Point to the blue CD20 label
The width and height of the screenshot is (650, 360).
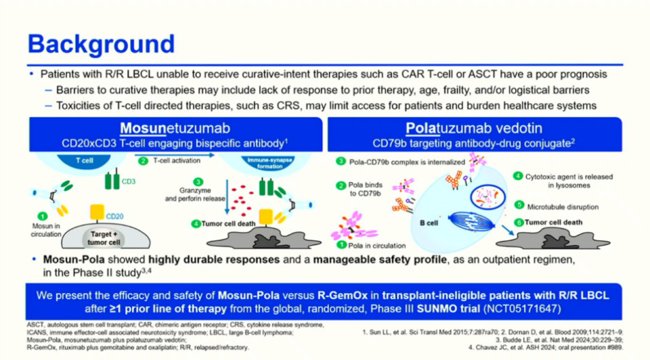(114, 215)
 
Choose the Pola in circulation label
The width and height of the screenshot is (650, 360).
(378, 245)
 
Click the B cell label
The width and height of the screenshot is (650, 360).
(428, 222)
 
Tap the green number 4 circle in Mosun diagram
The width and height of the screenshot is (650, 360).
(196, 223)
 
